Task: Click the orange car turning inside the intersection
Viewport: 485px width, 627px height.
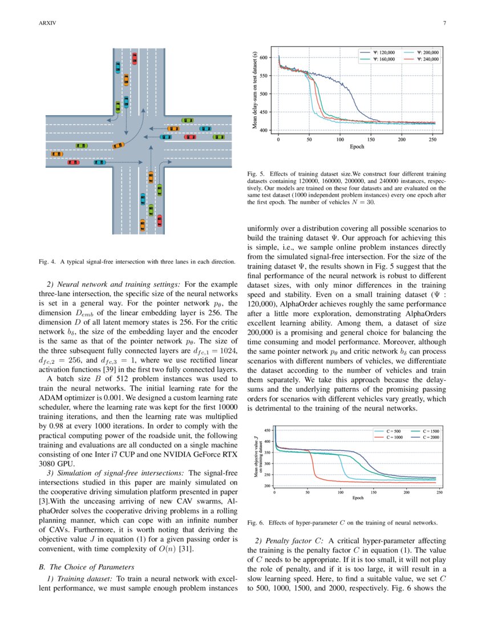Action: tap(119, 145)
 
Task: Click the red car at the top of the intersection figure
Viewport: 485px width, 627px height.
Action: tap(135, 58)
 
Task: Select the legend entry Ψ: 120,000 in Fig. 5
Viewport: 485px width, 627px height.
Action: tap(378, 52)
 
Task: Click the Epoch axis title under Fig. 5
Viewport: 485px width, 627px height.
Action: tap(357, 146)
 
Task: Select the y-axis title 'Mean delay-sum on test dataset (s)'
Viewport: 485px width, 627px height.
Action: tap(254, 92)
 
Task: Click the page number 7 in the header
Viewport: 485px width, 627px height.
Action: tap(443, 23)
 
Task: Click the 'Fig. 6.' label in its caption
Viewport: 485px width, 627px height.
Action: tap(256, 522)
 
